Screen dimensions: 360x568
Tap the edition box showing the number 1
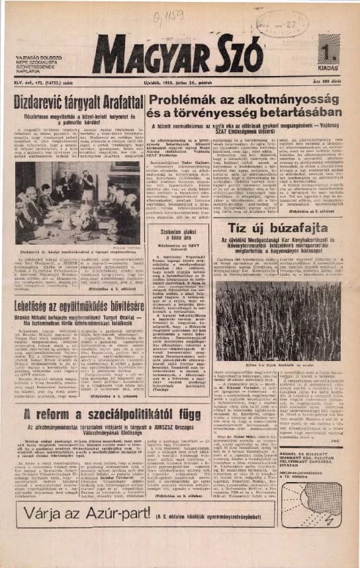click(329, 51)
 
